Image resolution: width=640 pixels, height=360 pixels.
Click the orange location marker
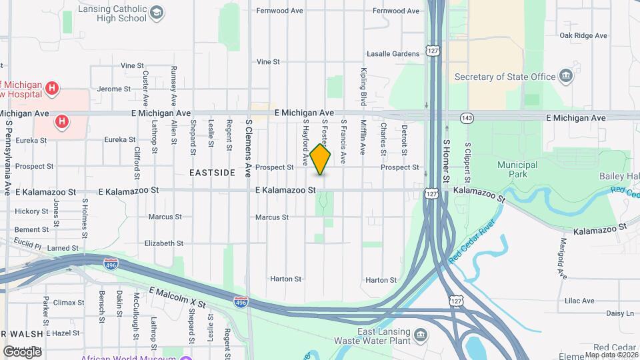click(x=321, y=159)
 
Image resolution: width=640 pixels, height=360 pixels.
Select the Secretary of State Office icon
click(x=567, y=76)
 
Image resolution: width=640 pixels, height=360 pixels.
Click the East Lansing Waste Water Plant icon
click(x=421, y=334)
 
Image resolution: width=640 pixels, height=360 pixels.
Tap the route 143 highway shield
click(x=467, y=118)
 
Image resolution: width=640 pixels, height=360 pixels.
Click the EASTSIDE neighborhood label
click(x=212, y=172)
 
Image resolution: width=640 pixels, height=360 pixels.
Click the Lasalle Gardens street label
click(x=393, y=54)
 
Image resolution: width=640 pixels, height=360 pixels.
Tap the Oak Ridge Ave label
click(x=583, y=35)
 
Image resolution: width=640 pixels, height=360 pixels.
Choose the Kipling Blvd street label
click(x=364, y=87)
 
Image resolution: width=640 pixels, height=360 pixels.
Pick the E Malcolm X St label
click(x=177, y=297)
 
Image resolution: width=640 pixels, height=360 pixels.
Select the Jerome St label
click(x=114, y=89)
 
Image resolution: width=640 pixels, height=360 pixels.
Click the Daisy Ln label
click(x=620, y=313)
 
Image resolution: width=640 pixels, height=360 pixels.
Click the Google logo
click(x=22, y=351)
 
